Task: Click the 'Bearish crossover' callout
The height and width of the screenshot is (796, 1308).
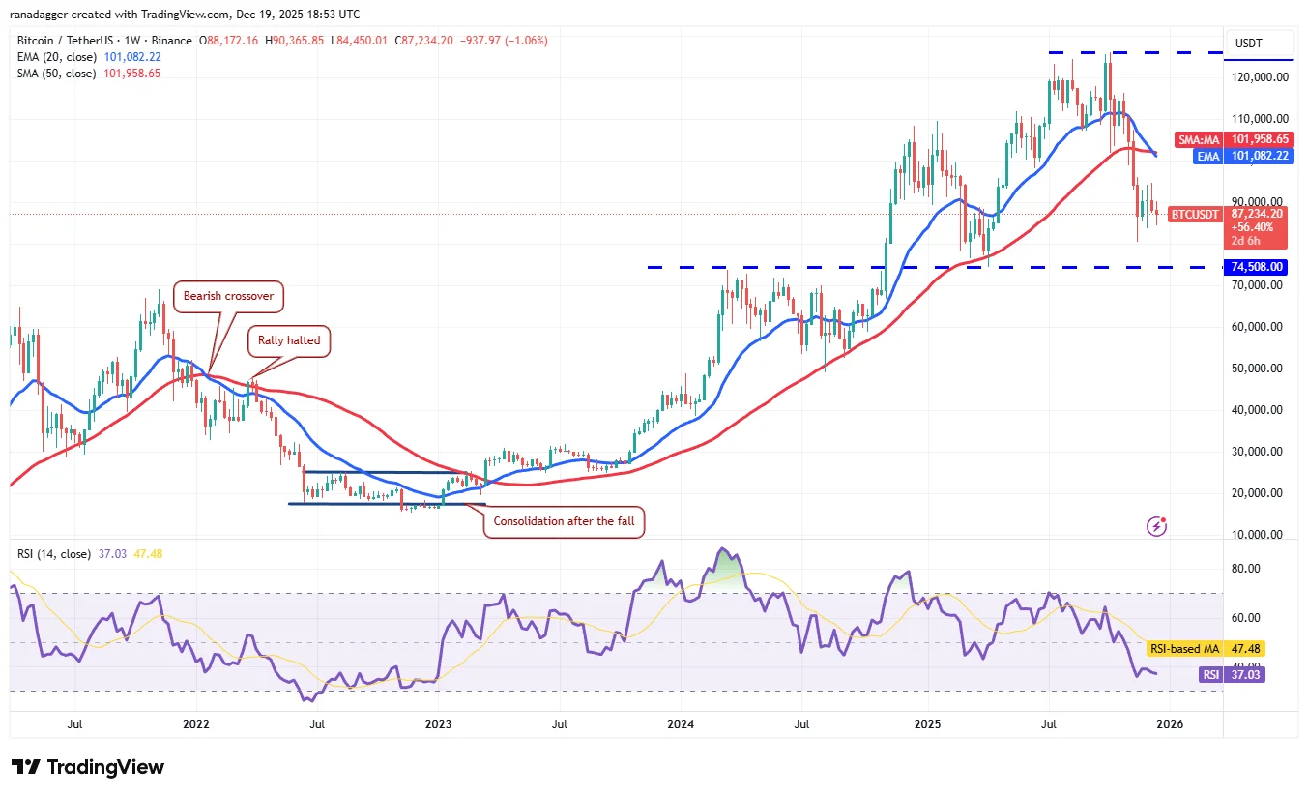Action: [x=229, y=297]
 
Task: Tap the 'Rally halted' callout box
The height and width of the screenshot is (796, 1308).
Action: [x=290, y=340]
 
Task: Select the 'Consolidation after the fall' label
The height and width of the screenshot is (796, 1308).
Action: [x=565, y=521]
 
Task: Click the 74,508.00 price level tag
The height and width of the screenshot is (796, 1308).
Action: [x=1257, y=267]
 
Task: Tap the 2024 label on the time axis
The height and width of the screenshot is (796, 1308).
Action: [x=681, y=723]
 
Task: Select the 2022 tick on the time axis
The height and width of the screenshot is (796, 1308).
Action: [x=195, y=723]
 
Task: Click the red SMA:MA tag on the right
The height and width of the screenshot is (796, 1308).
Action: [x=1199, y=139]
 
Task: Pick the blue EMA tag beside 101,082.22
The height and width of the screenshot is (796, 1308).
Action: [x=1206, y=155]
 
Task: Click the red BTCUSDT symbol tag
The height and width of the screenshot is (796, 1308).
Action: [x=1196, y=214]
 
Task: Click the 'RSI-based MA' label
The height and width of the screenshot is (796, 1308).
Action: [x=1182, y=649]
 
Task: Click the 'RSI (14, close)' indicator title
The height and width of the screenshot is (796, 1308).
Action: [x=54, y=554]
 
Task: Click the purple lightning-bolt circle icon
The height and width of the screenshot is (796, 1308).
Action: [x=1156, y=526]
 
